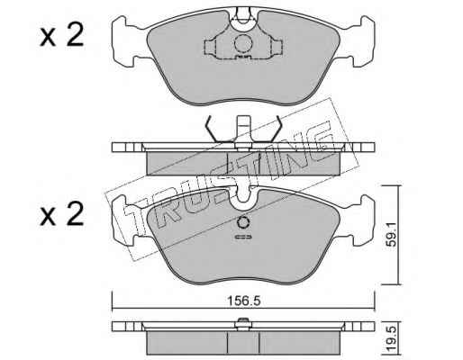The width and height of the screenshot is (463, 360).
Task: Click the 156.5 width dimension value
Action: (x=243, y=301)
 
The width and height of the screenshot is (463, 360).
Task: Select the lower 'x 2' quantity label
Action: (x=62, y=213)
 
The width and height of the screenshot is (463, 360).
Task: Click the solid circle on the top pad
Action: (x=243, y=44)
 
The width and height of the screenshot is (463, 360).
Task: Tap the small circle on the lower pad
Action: (x=243, y=223)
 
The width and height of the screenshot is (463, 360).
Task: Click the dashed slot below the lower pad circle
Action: (x=243, y=237)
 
